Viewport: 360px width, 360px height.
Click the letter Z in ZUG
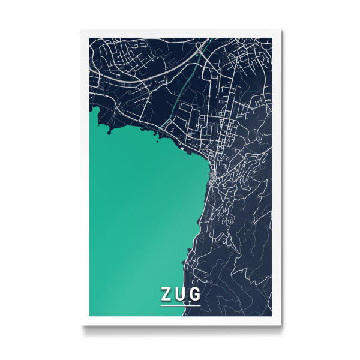point(166,295)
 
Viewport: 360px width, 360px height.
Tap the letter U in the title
point(180,295)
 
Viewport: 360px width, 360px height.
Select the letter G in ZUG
point(195,295)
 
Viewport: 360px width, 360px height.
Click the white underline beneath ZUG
point(180,305)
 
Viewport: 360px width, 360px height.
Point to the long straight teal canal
point(180,90)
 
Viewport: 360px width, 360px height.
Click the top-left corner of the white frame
point(82,31)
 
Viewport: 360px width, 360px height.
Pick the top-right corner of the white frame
point(281,31)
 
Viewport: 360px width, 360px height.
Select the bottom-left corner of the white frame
point(82,325)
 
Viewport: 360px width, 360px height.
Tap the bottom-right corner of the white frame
point(281,325)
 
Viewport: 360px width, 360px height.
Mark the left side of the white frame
point(85,180)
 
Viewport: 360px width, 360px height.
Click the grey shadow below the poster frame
point(180,328)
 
